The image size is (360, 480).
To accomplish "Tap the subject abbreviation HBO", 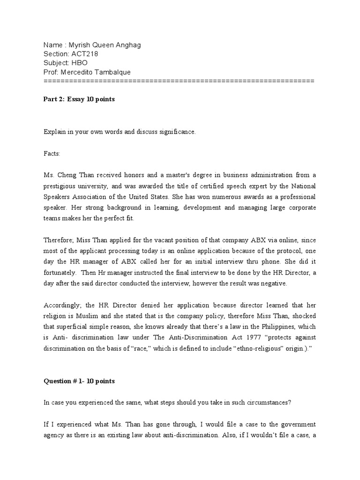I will [79, 63].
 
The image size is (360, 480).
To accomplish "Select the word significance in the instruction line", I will [176, 132].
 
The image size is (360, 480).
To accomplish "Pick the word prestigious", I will [60, 186].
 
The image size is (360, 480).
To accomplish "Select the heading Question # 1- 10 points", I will [79, 381].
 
